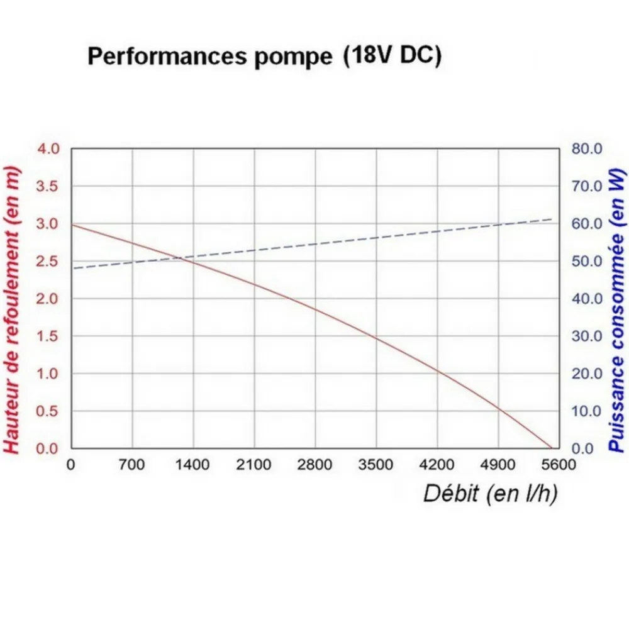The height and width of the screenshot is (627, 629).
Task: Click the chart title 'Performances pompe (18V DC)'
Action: click(x=264, y=55)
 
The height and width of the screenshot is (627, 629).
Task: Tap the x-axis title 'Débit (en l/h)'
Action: click(x=490, y=494)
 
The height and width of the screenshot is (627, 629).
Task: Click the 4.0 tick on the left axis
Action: click(x=48, y=149)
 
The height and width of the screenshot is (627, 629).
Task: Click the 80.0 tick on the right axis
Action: click(x=587, y=149)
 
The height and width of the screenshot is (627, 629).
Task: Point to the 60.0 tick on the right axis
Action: click(x=587, y=223)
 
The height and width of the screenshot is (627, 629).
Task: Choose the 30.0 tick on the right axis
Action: click(x=587, y=336)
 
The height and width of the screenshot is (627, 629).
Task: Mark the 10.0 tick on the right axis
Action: click(x=587, y=411)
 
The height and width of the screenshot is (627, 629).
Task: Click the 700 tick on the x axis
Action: click(x=131, y=465)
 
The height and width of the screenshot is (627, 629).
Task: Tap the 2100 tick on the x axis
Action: click(x=253, y=465)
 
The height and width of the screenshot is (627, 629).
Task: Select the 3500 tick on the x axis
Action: click(x=376, y=465)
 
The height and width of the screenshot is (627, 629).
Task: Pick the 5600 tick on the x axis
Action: click(x=559, y=465)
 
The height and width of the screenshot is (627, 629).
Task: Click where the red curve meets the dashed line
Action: click(x=178, y=258)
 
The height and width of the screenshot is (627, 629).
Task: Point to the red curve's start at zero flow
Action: click(x=72, y=225)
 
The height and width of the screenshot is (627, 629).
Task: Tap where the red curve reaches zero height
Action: click(x=552, y=448)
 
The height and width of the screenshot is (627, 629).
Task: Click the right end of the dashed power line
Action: click(x=552, y=219)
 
